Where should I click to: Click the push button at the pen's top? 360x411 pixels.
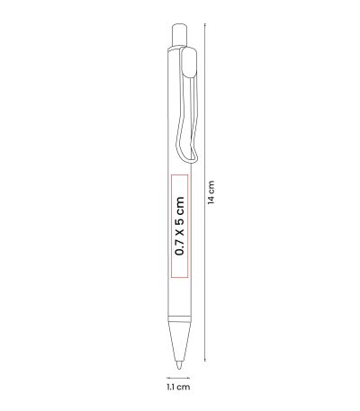pos(179,34)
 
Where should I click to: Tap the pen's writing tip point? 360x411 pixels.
pos(179,368)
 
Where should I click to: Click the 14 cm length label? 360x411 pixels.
pos(211,192)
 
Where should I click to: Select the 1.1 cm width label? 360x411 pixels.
pos(178,387)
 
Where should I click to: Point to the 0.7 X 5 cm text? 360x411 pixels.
pos(180,226)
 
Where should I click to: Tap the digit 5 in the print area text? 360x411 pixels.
pos(180,222)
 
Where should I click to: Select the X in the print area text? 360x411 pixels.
pos(180,233)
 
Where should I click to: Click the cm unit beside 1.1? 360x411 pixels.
pos(184,387)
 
